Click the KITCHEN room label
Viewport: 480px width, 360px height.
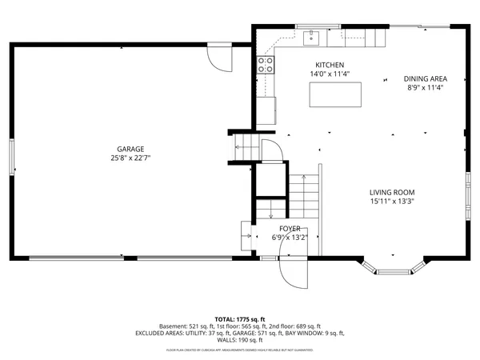pyautogui.click(x=329, y=65)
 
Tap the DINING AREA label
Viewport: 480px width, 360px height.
pyautogui.click(x=425, y=78)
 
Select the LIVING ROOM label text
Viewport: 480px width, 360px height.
pyautogui.click(x=392, y=192)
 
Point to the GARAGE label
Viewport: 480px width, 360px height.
pyautogui.click(x=130, y=149)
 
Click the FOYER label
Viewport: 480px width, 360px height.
pyautogui.click(x=290, y=228)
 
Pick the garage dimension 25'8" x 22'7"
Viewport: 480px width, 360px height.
pyautogui.click(x=130, y=158)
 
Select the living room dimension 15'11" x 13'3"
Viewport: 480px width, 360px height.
pyautogui.click(x=392, y=202)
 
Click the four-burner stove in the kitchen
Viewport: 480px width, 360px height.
pyautogui.click(x=264, y=66)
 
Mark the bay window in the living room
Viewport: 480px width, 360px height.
pyautogui.click(x=391, y=267)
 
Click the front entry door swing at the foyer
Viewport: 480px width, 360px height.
pyautogui.click(x=291, y=272)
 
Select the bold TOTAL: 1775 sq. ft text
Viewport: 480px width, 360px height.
pyautogui.click(x=239, y=319)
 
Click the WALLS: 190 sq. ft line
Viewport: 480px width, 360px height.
pyautogui.click(x=239, y=341)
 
